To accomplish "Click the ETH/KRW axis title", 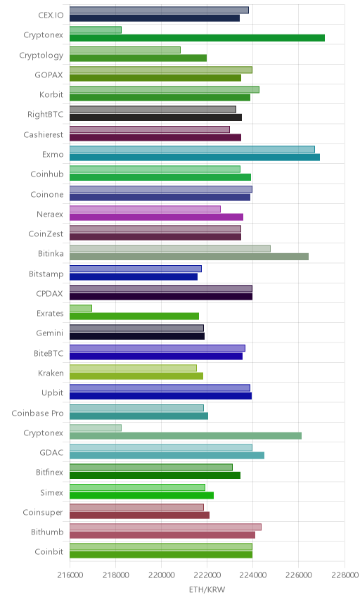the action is [x=207, y=589].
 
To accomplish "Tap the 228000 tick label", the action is [x=345, y=575].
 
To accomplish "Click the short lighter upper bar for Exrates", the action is [x=81, y=308].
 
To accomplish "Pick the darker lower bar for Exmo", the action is [x=195, y=157].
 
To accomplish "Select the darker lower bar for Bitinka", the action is [x=189, y=257].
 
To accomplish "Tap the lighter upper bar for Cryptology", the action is [x=125, y=50].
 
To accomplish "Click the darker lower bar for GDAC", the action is [x=167, y=455].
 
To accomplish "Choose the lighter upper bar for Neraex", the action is [x=145, y=209].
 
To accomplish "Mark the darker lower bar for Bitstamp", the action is [x=134, y=276].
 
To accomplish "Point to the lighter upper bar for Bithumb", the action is [x=165, y=527].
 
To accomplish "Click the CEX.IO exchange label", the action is [x=51, y=15].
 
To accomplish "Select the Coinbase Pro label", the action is [x=37, y=413].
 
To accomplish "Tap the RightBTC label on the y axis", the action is [x=45, y=115].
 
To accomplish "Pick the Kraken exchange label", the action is [x=51, y=373].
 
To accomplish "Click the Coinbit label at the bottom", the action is [x=49, y=551].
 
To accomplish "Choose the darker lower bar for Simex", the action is [x=141, y=495].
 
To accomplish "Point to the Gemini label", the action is [x=49, y=333].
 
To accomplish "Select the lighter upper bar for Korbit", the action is [x=165, y=89].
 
